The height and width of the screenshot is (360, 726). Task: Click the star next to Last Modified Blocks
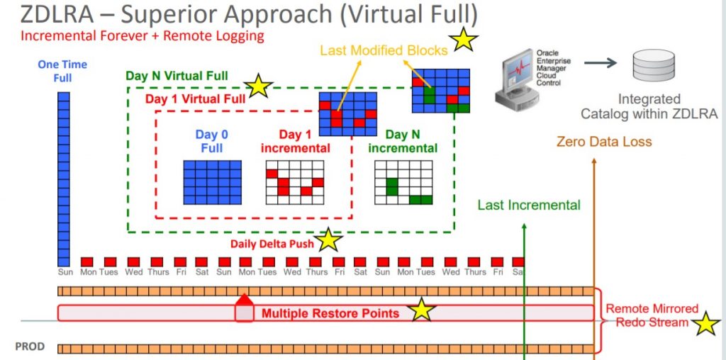463,40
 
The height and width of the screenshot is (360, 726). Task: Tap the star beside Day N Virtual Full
258,86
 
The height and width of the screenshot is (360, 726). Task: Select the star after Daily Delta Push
329,240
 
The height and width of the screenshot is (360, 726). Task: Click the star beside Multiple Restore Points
422,310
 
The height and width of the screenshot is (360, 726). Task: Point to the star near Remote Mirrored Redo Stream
706,323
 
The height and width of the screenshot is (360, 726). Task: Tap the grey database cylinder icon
654,65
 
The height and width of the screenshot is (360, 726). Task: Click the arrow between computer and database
601,62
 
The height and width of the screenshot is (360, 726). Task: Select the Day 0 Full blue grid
213,182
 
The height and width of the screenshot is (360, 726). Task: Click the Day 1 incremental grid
295,182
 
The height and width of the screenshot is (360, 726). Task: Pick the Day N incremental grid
403,182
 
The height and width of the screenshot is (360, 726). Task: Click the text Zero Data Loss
604,142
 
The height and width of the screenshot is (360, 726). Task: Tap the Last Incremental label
529,205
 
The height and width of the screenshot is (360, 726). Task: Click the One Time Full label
62,71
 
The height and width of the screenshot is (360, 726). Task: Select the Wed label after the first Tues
133,272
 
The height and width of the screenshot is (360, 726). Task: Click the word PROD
30,347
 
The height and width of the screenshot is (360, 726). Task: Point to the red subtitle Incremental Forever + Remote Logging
142,36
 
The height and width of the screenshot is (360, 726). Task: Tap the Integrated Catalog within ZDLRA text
649,106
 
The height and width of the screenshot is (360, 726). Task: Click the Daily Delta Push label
272,244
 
